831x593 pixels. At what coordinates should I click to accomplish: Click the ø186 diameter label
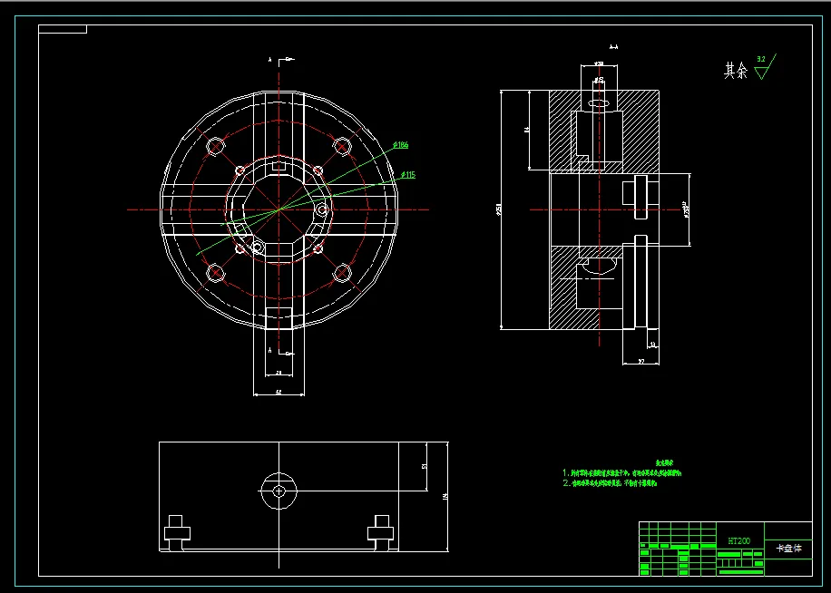tap(401, 145)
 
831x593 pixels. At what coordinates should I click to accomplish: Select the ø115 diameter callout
tap(407, 175)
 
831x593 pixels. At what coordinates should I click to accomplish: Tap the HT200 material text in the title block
tap(738, 540)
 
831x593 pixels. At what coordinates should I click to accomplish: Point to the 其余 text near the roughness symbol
tap(735, 71)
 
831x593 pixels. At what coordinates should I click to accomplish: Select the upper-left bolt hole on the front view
tap(215, 146)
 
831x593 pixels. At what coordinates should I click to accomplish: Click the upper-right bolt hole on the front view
tap(342, 146)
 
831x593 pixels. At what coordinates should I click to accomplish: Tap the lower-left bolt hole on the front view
tap(215, 272)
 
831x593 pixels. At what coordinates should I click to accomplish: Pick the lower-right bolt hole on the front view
tap(342, 272)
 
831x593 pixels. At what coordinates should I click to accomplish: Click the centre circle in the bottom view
tap(279, 491)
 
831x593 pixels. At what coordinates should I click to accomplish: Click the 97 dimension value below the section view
tap(640, 361)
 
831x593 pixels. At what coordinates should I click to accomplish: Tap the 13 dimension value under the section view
tap(651, 345)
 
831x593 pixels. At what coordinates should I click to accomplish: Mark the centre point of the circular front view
tap(279, 209)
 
